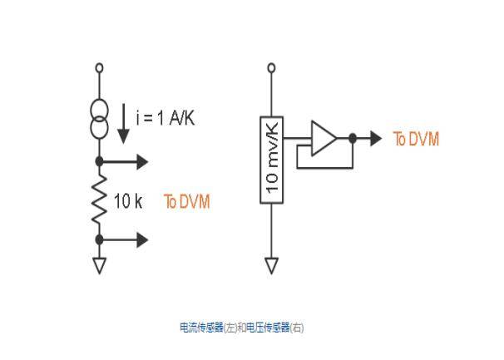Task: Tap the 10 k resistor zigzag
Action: [99, 200]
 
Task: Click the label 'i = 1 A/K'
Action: [166, 118]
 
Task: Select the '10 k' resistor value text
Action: [128, 201]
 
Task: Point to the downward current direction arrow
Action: [123, 124]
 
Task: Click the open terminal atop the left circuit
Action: [100, 68]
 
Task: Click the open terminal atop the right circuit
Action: [272, 68]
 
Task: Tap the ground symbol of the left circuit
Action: [100, 265]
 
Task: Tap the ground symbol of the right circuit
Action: [272, 265]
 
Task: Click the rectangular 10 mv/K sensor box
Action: [272, 160]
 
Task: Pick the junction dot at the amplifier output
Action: [353, 139]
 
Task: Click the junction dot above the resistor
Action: [100, 161]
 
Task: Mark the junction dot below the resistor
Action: [100, 239]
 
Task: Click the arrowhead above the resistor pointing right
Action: [142, 161]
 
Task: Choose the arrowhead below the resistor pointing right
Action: [142, 239]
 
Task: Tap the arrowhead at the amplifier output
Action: [376, 139]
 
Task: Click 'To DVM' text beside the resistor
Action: [187, 201]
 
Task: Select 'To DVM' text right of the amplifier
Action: [416, 139]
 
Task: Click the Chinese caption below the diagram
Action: [242, 328]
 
